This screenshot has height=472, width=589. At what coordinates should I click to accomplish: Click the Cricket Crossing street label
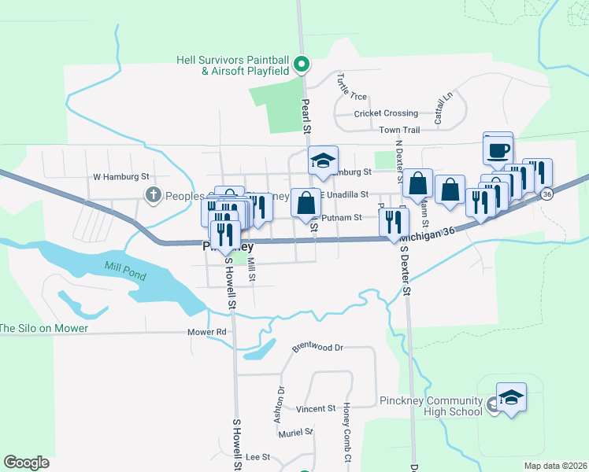[x=386, y=113]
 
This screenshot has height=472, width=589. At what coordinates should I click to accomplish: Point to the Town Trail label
[x=399, y=130]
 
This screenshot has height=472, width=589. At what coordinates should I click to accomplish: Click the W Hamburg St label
[x=120, y=178]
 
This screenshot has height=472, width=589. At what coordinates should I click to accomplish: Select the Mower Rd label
[x=207, y=332]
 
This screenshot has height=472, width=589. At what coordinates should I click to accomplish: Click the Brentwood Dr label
[x=318, y=347]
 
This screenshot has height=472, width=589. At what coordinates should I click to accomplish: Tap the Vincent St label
[x=317, y=409]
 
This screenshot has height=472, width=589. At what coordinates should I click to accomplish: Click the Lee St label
[x=258, y=457]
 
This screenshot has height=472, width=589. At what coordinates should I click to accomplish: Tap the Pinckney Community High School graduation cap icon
[x=511, y=397]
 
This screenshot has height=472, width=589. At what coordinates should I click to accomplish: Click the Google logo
[x=26, y=463]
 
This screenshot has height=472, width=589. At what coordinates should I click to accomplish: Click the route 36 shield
[x=546, y=194]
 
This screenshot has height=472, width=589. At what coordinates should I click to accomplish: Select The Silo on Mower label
[x=44, y=328]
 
